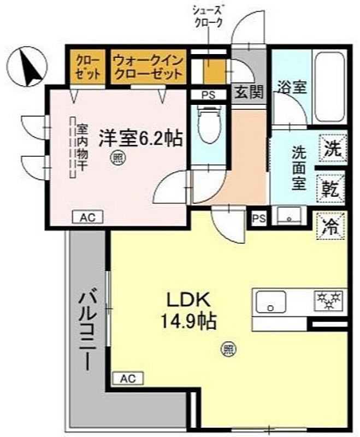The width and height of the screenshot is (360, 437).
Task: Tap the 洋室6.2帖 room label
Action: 140,138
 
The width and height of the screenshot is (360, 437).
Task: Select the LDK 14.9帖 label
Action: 188,310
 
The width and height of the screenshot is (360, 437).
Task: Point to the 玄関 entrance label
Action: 249,92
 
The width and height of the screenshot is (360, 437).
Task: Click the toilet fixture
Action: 209,126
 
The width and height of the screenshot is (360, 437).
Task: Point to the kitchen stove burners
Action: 327,299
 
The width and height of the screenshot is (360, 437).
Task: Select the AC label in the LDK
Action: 127,377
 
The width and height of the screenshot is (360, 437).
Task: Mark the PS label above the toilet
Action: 208,95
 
